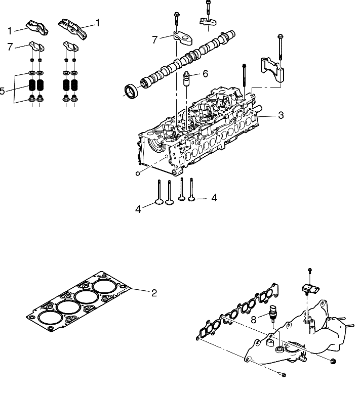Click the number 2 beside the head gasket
pyautogui.click(x=154, y=292)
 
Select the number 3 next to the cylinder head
pyautogui.click(x=281, y=115)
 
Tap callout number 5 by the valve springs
pyautogui.click(x=3, y=92)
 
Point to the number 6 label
pyautogui.click(x=205, y=73)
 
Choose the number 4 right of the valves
pyautogui.click(x=214, y=198)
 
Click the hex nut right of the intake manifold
pyautogui.click(x=333, y=361)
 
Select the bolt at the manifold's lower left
pyautogui.click(x=282, y=375)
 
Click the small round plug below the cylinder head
pyautogui.click(x=138, y=173)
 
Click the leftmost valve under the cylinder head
pyautogui.click(x=161, y=194)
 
